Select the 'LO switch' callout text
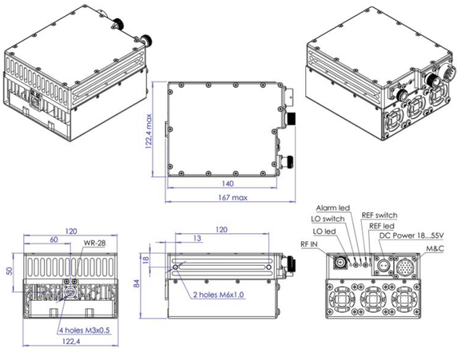[x=328, y=218]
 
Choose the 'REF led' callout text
[x=383, y=226]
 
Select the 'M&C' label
[x=435, y=249]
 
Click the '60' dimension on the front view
[x=54, y=239]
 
